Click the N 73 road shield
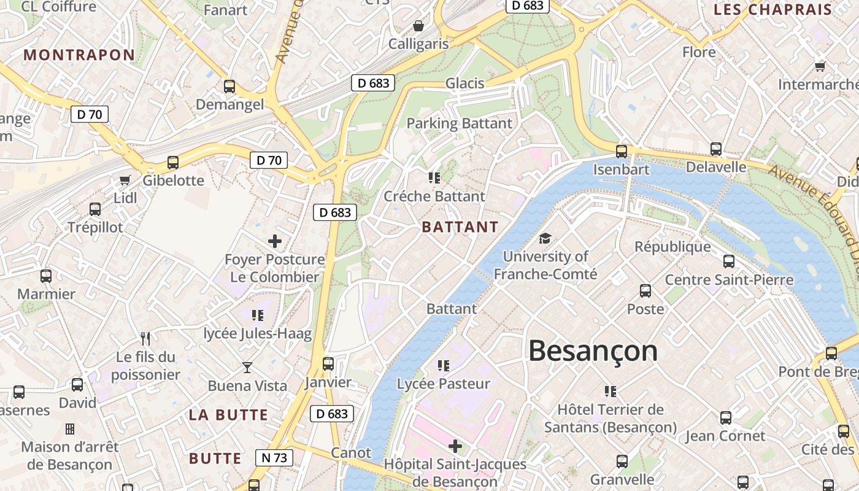pyautogui.click(x=274, y=457)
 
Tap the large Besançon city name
pyautogui.click(x=593, y=351)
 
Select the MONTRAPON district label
pyautogui.click(x=79, y=55)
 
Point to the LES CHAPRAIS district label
pyautogui.click(x=772, y=9)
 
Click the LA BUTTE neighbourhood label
pyautogui.click(x=228, y=415)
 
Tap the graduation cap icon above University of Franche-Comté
pyautogui.click(x=545, y=239)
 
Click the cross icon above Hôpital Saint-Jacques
pyautogui.click(x=455, y=446)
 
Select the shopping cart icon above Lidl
pyautogui.click(x=125, y=180)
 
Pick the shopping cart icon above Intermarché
pyautogui.click(x=820, y=66)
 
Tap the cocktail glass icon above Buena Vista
pyautogui.click(x=247, y=368)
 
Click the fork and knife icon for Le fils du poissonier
pyautogui.click(x=145, y=338)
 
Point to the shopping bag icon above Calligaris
pyautogui.click(x=418, y=26)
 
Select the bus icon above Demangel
pyautogui.click(x=229, y=87)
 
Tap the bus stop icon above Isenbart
pyautogui.click(x=622, y=151)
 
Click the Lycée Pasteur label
pyautogui.click(x=444, y=384)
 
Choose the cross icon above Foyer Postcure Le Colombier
pyautogui.click(x=275, y=241)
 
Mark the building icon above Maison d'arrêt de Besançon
pyautogui.click(x=70, y=428)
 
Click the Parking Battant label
pyautogui.click(x=460, y=123)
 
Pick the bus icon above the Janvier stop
pyautogui.click(x=328, y=364)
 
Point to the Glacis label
pyautogui.click(x=464, y=83)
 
